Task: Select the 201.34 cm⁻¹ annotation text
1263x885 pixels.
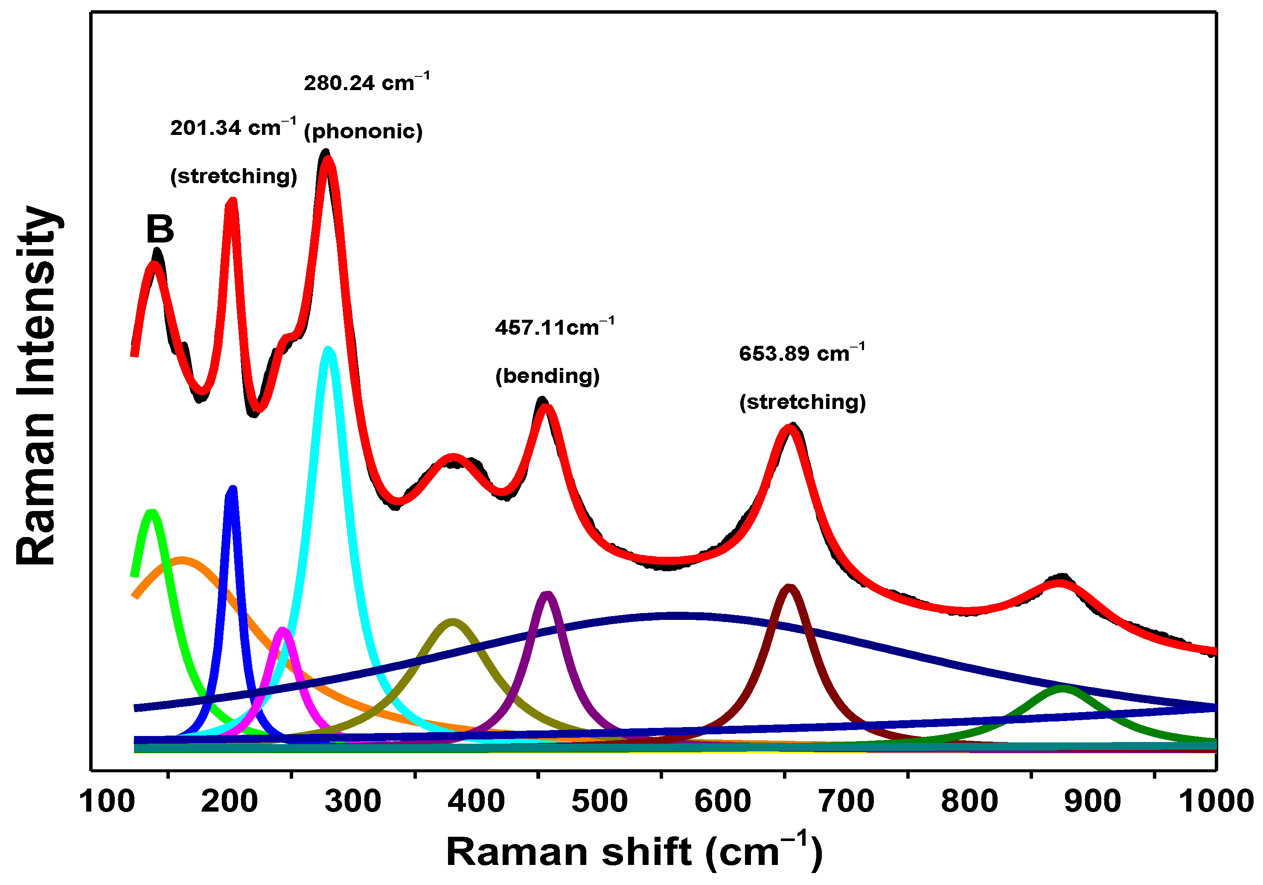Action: click(233, 128)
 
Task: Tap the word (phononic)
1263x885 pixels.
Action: click(363, 131)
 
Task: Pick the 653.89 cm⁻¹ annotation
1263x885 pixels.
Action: click(801, 353)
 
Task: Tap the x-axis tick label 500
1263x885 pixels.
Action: click(599, 801)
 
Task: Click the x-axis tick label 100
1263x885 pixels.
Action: click(107, 801)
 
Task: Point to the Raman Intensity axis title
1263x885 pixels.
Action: click(36, 385)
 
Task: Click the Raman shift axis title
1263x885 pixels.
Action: click(634, 852)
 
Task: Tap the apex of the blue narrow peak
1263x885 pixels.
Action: click(232, 489)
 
